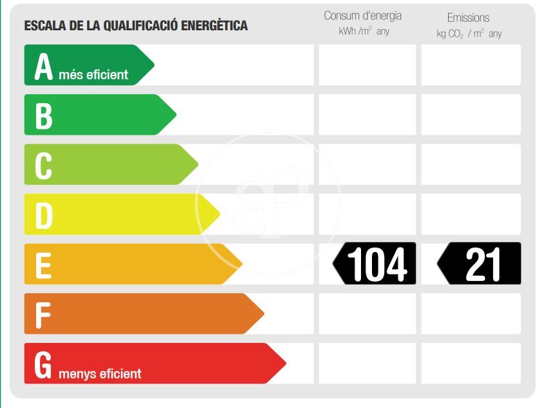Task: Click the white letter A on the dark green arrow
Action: (x=43, y=66)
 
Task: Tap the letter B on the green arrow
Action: (x=43, y=116)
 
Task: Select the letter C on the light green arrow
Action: (x=43, y=166)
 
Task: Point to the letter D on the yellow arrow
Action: (x=43, y=215)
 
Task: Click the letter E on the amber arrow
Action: (x=43, y=265)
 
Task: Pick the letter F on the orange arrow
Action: (x=43, y=315)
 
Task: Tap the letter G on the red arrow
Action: (x=43, y=364)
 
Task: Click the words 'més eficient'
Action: (x=93, y=75)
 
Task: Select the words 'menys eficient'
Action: (x=100, y=373)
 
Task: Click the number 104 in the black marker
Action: (x=377, y=264)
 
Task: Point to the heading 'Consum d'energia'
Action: (x=362, y=16)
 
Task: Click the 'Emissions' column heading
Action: (x=468, y=17)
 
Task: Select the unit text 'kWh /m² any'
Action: (x=364, y=32)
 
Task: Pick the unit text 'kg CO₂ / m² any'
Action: (x=469, y=34)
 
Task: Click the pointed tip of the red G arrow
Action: (x=284, y=364)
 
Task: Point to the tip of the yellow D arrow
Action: (x=219, y=215)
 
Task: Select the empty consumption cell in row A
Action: (x=367, y=65)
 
